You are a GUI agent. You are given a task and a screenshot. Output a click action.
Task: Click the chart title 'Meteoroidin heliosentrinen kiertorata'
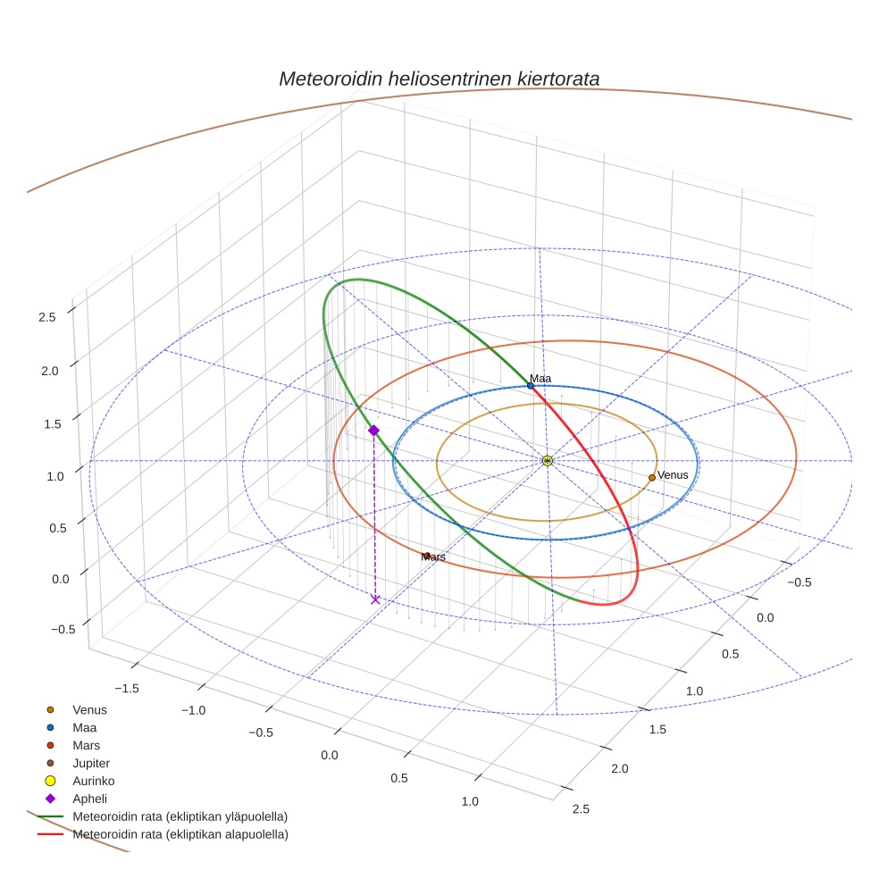coord(439,79)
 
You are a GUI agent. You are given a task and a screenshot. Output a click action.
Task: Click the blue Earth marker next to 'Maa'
coord(530,386)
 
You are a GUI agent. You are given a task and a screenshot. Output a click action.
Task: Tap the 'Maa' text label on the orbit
coord(540,378)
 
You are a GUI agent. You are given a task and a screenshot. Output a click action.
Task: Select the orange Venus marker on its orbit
coord(651,478)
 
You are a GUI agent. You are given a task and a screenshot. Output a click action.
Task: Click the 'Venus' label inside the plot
coord(673,475)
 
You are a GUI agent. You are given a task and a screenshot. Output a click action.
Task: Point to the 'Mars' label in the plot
coord(433,557)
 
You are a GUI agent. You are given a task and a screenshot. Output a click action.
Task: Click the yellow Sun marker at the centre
coord(548,461)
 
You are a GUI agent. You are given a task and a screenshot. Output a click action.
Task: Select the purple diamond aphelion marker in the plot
coord(373,431)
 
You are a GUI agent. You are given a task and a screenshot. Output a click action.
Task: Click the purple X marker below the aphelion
coord(375,599)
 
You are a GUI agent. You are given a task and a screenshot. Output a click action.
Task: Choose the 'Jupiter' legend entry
coord(91,763)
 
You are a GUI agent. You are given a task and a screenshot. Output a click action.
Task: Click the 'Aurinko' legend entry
coord(93,781)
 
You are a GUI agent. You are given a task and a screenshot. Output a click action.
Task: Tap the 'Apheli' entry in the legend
coord(89,799)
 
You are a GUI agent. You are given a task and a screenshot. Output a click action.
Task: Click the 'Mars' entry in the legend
coord(86,745)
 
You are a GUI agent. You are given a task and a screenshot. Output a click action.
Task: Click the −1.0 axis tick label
coord(193,710)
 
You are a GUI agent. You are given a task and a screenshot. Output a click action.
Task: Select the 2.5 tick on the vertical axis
coord(47,317)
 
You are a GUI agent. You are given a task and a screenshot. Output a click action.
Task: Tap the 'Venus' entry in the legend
coord(89,709)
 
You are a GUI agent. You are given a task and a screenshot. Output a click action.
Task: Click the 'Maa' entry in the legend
coord(84,727)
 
